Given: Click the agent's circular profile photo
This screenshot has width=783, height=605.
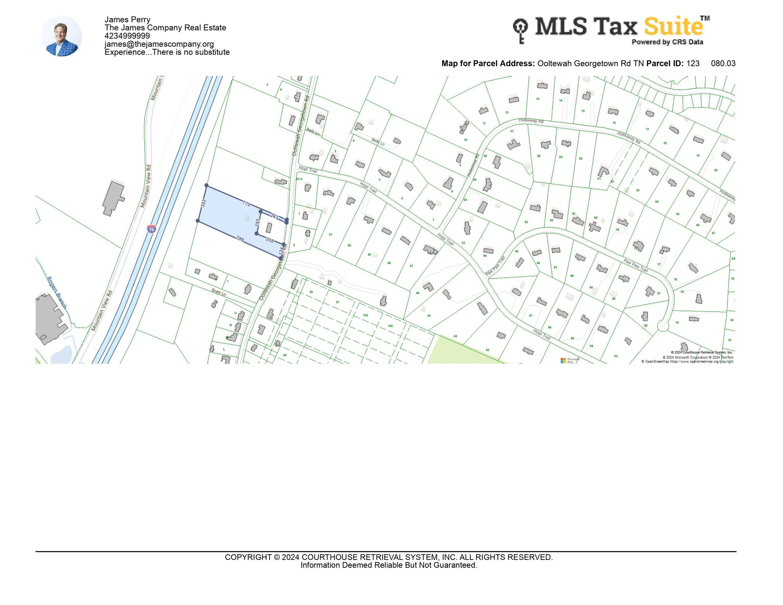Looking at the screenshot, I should [62, 36].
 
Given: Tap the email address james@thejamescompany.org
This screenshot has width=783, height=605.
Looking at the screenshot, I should [159, 44].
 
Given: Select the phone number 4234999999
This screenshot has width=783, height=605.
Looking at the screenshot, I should [127, 36].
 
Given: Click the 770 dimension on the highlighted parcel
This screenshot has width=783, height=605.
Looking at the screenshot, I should [246, 204].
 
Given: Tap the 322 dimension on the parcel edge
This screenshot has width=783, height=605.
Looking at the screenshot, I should [203, 204].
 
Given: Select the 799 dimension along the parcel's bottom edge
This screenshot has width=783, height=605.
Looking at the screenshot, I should [240, 239].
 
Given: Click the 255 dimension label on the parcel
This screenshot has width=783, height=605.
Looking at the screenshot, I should [270, 240].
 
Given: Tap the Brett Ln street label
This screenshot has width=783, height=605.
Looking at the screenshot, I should [219, 292].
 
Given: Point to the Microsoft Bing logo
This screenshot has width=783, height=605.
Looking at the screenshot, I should [570, 360].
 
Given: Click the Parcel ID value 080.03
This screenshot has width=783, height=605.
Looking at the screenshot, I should [723, 63].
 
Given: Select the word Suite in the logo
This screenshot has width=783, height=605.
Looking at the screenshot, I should [673, 26].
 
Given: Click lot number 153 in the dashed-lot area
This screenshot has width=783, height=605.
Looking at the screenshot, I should [365, 315].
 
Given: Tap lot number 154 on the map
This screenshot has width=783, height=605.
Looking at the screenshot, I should [390, 326].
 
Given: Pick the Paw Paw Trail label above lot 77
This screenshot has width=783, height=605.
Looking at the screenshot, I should [636, 265].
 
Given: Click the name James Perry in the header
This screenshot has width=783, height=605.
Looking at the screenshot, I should [127, 19].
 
